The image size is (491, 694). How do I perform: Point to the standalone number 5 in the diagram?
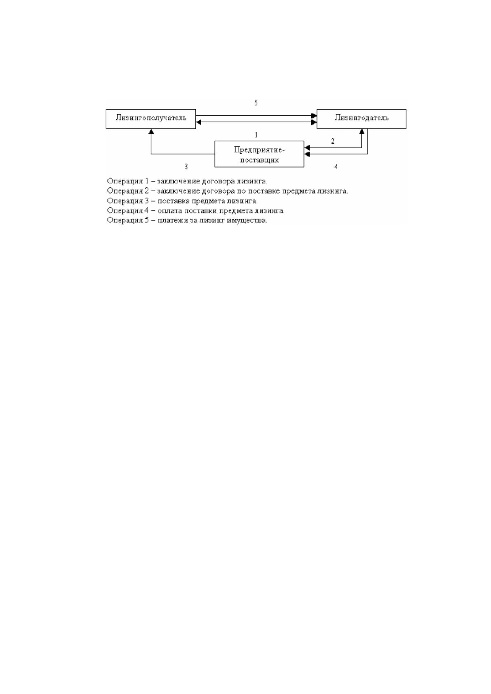[x=256, y=103]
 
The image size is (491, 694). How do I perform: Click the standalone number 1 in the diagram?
[x=256, y=135]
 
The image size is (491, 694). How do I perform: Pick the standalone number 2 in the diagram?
[x=333, y=141]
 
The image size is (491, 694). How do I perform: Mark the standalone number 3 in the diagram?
[x=186, y=167]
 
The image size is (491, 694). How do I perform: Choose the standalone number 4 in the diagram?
[x=336, y=167]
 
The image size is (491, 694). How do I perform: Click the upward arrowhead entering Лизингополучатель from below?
[x=151, y=131]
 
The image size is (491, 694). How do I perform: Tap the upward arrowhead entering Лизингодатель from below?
[x=362, y=131]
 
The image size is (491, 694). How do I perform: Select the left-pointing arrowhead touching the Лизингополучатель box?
[x=199, y=122]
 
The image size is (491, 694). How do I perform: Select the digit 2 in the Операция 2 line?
[x=147, y=191]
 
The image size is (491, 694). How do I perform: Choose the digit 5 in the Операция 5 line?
[x=147, y=221]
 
